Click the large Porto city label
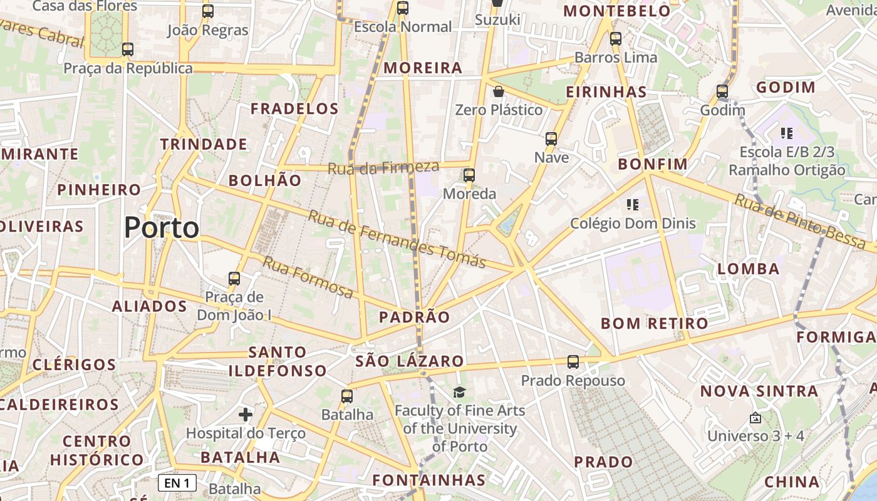pyautogui.click(x=162, y=227)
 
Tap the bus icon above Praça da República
pyautogui.click(x=128, y=49)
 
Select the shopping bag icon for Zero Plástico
pyautogui.click(x=499, y=91)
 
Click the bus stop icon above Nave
pyautogui.click(x=551, y=138)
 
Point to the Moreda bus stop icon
pyautogui.click(x=469, y=175)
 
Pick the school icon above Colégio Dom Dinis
pyautogui.click(x=633, y=204)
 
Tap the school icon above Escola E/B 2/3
pyautogui.click(x=787, y=133)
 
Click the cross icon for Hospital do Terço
pyautogui.click(x=246, y=414)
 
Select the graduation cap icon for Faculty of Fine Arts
pyautogui.click(x=460, y=392)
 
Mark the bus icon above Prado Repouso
pyautogui.click(x=573, y=361)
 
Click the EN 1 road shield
pyautogui.click(x=177, y=483)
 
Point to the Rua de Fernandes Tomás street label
pyautogui.click(x=397, y=238)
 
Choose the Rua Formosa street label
pyautogui.click(x=308, y=277)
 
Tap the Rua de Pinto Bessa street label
pyautogui.click(x=801, y=221)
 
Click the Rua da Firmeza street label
pyautogui.click(x=383, y=167)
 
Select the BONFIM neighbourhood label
pyautogui.click(x=653, y=164)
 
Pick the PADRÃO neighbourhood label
pyautogui.click(x=415, y=317)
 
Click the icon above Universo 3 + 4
pyautogui.click(x=755, y=418)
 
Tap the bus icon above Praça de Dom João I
pyautogui.click(x=234, y=278)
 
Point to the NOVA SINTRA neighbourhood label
pyautogui.click(x=759, y=391)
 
